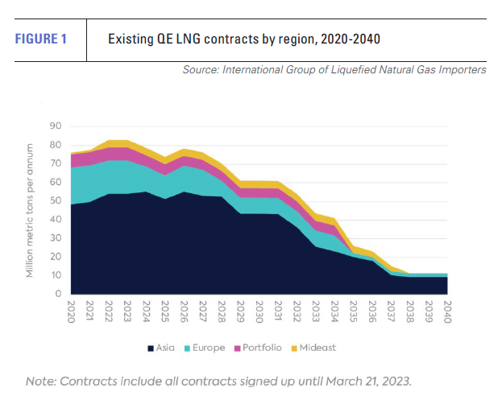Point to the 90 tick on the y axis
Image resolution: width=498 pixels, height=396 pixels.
click(x=56, y=126)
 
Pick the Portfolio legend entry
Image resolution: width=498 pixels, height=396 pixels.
click(x=258, y=349)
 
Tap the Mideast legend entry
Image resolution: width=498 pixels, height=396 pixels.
click(x=314, y=349)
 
